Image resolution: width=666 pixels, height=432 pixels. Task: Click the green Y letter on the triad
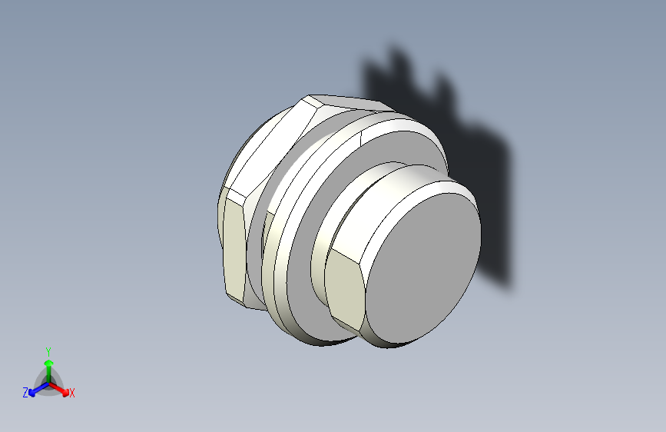tap(48, 350)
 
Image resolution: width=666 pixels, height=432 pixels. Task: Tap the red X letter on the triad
tap(72, 394)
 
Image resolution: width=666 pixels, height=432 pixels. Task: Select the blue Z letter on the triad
tap(25, 393)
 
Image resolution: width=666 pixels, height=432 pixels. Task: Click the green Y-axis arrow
tap(48, 364)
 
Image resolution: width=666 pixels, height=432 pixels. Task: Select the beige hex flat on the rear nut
tap(234, 246)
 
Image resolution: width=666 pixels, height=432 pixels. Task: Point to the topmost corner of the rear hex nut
tap(310, 97)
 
